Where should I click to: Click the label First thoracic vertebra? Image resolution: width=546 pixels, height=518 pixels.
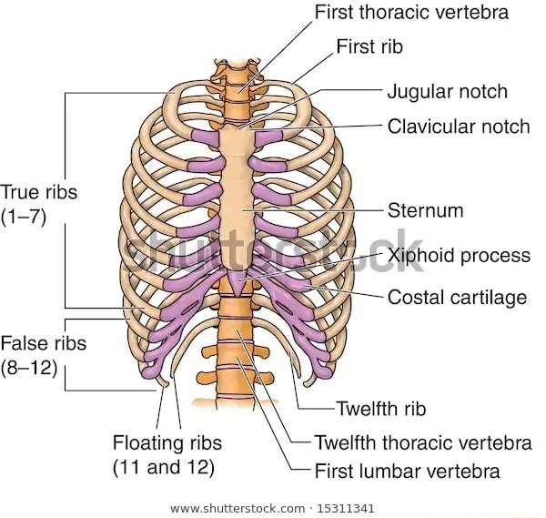coord(411,13)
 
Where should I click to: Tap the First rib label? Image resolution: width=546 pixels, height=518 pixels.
coord(369,46)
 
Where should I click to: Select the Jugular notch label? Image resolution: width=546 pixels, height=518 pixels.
coord(447,91)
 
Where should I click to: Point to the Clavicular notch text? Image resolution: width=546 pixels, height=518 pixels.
coord(458,126)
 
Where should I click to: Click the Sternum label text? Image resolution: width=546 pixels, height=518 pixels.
coord(425,210)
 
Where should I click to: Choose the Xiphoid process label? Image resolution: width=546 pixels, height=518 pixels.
coord(458,255)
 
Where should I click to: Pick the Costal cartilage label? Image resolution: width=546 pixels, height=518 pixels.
coord(457,297)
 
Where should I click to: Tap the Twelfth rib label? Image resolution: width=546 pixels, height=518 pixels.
coord(380,409)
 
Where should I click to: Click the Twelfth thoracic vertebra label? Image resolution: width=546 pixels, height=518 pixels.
coord(422,442)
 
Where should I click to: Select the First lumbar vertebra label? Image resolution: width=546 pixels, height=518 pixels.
coord(407,472)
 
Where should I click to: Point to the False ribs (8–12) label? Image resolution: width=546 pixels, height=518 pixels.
coord(43,355)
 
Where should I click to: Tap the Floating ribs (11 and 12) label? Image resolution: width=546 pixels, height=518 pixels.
coord(167,455)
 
